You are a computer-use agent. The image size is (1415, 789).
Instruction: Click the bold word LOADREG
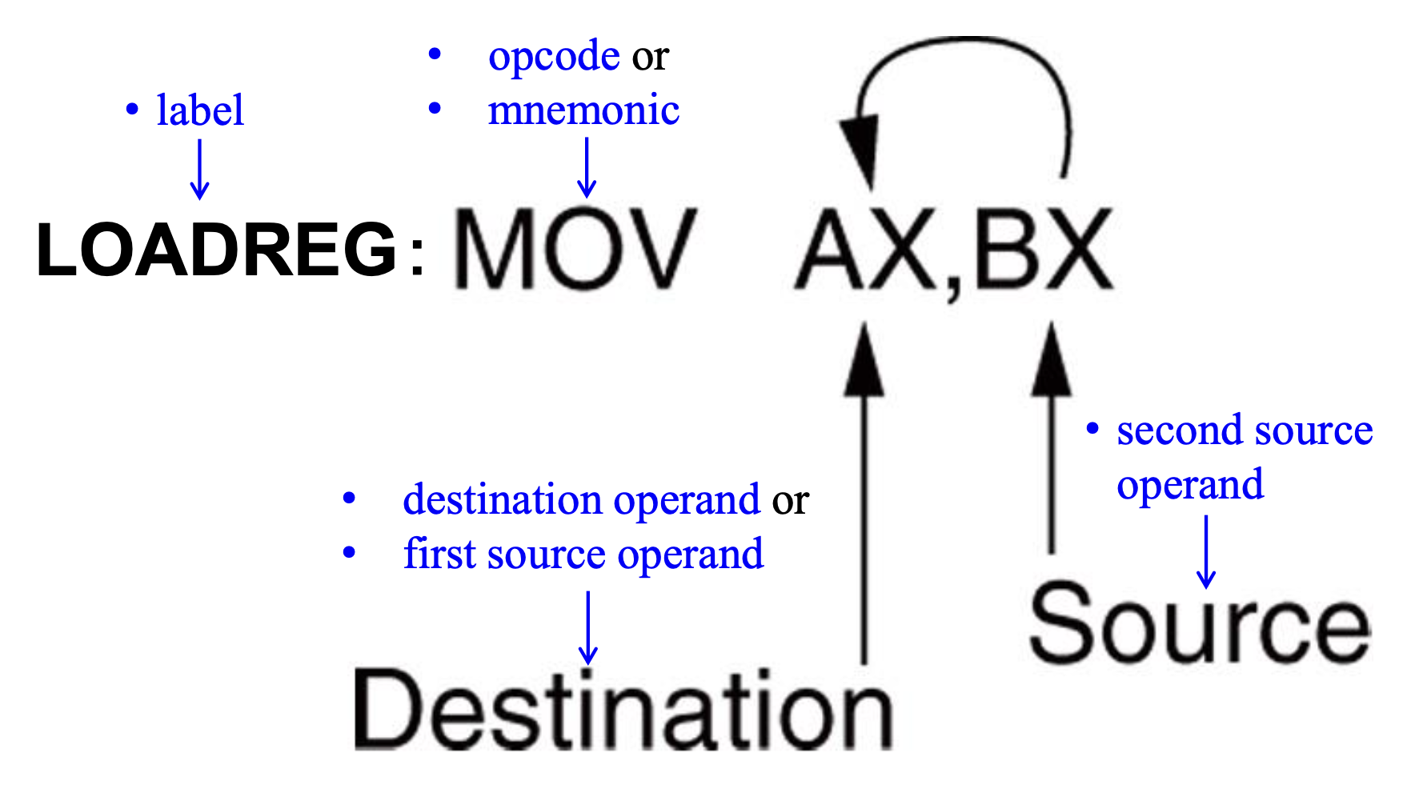216,250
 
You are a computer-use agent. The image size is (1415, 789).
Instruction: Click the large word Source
1199,624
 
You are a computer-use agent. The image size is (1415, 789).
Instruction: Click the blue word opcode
554,56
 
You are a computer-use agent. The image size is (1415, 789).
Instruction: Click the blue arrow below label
199,169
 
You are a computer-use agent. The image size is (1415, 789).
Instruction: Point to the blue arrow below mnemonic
587,167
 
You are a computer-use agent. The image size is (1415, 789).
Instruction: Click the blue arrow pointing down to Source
1206,552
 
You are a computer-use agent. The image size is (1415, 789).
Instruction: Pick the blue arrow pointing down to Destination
588,628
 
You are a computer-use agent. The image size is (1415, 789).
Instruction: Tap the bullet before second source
1092,429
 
